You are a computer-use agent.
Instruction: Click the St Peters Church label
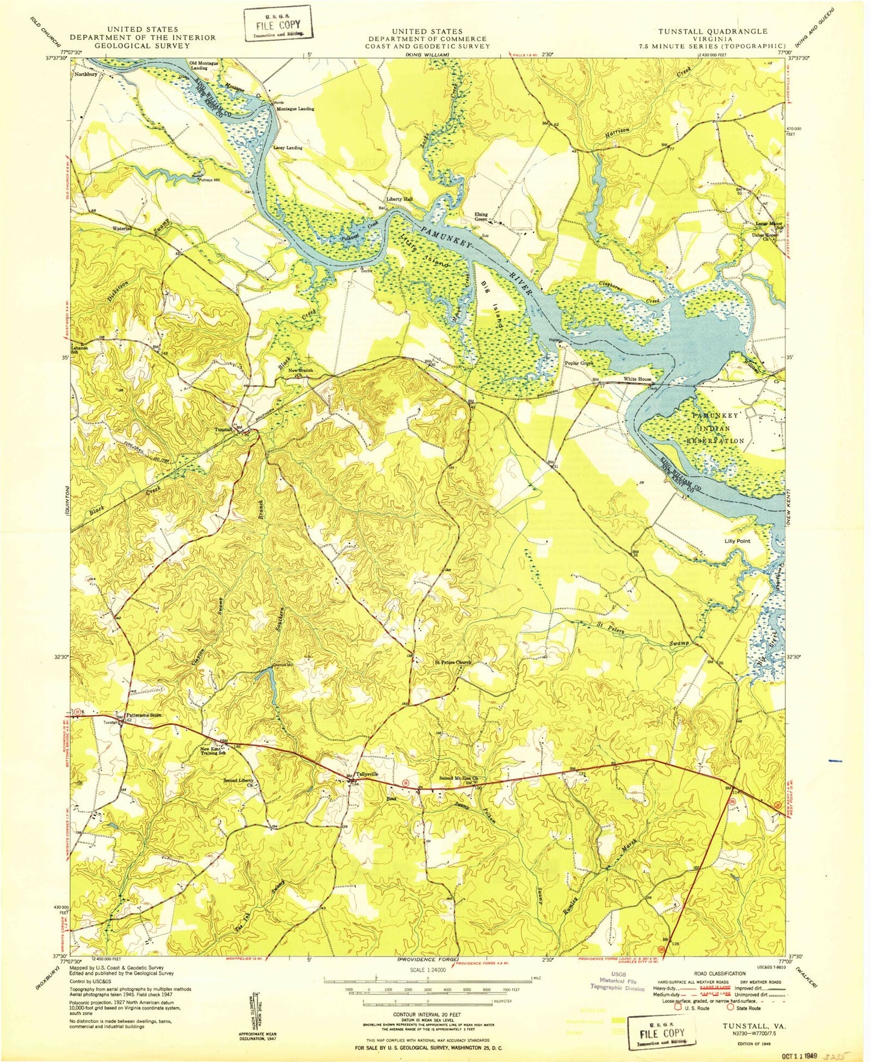point(453,662)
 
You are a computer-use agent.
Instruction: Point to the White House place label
point(637,379)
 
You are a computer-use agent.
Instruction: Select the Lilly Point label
point(737,541)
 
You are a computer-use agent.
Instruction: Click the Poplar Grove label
point(579,364)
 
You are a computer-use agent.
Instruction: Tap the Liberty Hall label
point(400,199)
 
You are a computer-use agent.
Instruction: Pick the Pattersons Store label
point(144,715)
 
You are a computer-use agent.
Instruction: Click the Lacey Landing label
point(288,147)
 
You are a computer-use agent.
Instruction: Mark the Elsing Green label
point(481,217)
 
